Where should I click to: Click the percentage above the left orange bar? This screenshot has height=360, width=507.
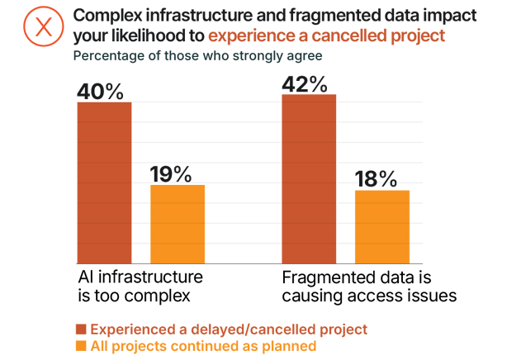[x=175, y=174]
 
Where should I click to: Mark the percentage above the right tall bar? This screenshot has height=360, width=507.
[x=308, y=82]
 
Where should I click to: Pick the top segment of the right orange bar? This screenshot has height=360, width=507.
[x=377, y=197]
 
